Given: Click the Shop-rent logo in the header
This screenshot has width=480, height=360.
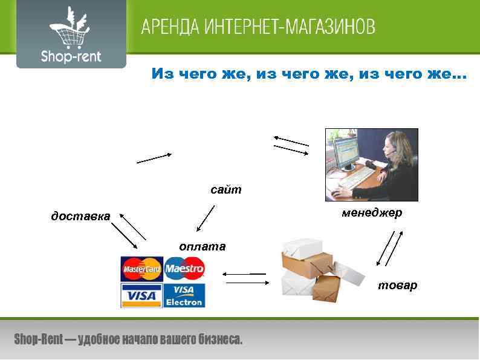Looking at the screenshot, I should pyautogui.click(x=71, y=35).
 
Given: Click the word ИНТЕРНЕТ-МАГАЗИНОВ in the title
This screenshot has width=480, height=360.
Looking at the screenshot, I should pyautogui.click(x=290, y=27).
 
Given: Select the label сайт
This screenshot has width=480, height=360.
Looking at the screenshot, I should pyautogui.click(x=226, y=190).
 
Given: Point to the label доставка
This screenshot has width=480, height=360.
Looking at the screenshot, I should pyautogui.click(x=80, y=216).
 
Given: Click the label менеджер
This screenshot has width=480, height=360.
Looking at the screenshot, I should pyautogui.click(x=371, y=213).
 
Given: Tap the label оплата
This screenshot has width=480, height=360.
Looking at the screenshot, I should pyautogui.click(x=202, y=246).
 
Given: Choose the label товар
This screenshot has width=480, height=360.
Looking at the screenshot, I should pyautogui.click(x=397, y=285).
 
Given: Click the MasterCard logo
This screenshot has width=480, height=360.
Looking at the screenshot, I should pyautogui.click(x=142, y=268).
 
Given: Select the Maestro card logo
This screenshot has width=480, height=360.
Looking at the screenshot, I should pyautogui.click(x=184, y=268).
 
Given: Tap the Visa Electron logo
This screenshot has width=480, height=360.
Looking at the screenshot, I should pyautogui.click(x=184, y=295).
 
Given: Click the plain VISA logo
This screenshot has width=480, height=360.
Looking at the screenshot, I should pyautogui.click(x=142, y=296).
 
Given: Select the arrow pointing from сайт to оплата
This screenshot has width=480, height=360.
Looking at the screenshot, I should pyautogui.click(x=206, y=218).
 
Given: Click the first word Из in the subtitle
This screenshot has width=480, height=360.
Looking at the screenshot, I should pyautogui.click(x=161, y=74).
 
